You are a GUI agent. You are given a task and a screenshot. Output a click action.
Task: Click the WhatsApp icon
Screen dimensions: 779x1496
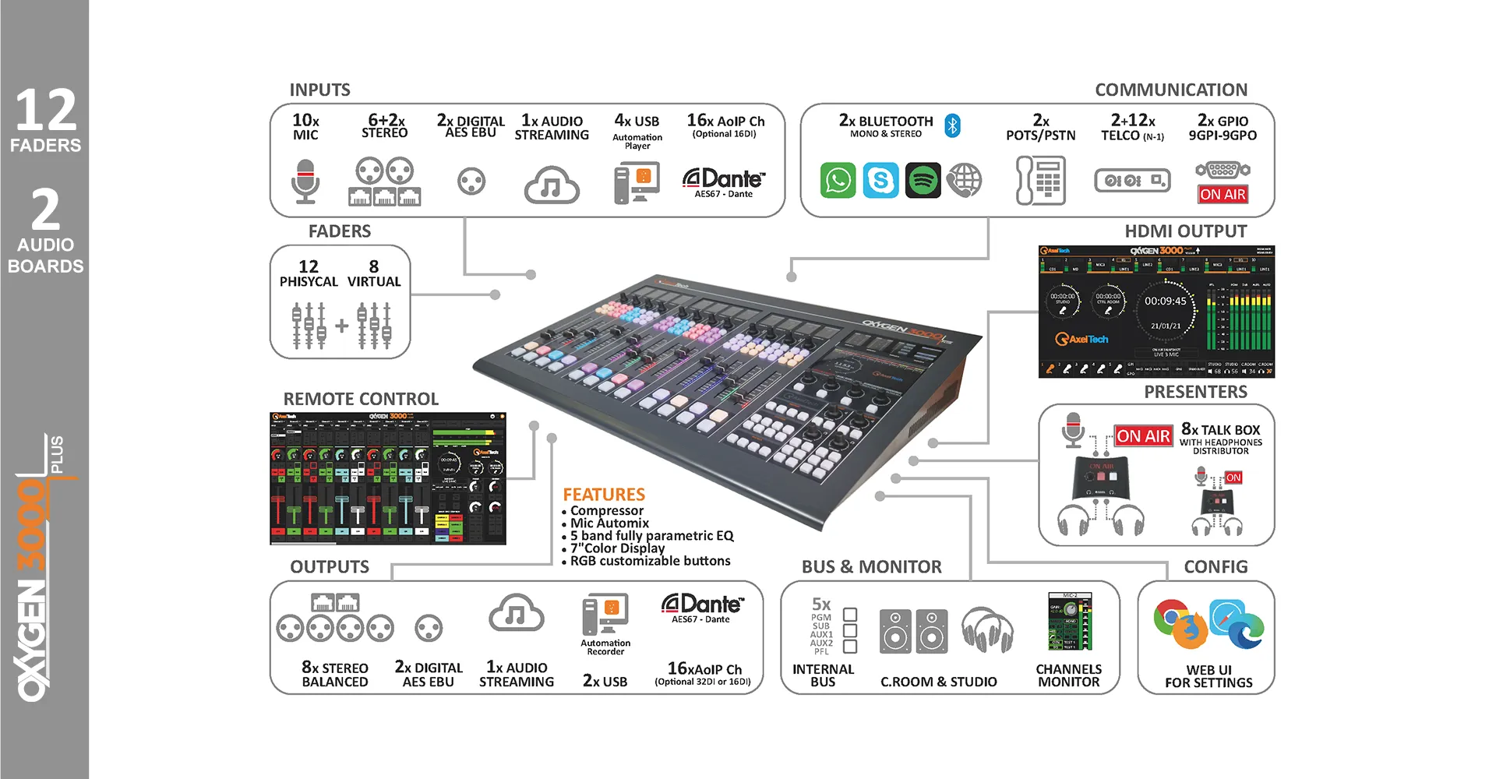[838, 181]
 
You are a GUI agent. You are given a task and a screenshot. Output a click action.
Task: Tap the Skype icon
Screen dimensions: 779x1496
[880, 181]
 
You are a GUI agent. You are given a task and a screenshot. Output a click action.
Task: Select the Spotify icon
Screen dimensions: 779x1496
[923, 181]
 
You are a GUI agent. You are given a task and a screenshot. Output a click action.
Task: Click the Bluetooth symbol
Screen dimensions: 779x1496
[952, 125]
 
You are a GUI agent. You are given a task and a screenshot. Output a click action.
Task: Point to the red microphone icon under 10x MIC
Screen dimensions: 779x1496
[305, 182]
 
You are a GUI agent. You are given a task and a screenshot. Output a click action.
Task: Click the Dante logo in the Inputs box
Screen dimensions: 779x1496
[724, 180]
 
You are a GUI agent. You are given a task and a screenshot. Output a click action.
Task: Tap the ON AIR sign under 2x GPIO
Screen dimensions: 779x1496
[1223, 195]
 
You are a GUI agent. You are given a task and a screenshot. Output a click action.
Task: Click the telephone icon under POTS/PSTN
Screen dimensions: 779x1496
[1041, 181]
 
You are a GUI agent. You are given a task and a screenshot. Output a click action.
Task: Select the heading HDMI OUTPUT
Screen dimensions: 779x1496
[1185, 231]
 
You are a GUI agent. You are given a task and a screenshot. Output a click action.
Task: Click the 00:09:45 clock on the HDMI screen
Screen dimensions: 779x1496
[1165, 301]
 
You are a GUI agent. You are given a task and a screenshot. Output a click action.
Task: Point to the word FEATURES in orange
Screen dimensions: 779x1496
[604, 495]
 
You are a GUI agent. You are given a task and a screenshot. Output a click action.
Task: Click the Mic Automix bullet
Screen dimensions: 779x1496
[609, 523]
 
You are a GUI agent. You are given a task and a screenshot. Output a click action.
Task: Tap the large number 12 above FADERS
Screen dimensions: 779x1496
[46, 111]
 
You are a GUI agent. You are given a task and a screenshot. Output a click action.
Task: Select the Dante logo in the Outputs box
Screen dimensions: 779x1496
[702, 605]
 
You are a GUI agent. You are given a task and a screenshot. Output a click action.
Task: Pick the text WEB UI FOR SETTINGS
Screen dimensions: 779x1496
[1208, 676]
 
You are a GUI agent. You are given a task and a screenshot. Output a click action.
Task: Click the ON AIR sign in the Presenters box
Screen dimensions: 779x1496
[1143, 436]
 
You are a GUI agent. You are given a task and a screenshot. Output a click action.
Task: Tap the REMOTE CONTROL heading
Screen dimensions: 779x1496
[361, 399]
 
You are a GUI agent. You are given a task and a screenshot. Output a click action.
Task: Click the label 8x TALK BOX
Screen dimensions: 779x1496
[1220, 430]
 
